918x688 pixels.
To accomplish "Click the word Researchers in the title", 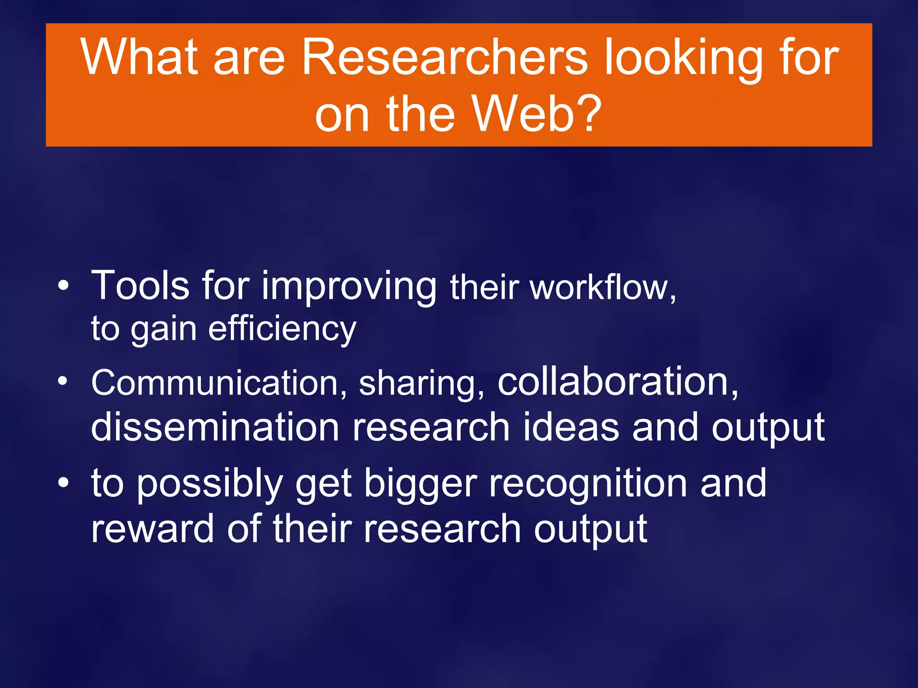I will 444,57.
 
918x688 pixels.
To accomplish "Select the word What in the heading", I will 139,57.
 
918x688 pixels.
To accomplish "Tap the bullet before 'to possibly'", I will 64,483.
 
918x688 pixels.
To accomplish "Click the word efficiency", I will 282,329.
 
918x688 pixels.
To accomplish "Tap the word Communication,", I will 219,383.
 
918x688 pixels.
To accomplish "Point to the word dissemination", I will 215,427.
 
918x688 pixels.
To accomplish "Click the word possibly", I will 209,486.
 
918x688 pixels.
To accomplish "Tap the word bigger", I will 420,486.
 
